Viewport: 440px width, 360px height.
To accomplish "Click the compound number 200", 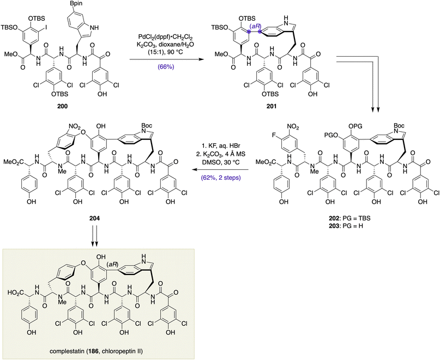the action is click(63, 106).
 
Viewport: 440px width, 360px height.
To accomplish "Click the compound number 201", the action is click(272, 106).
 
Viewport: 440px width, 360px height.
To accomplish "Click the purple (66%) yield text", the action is click(166, 67).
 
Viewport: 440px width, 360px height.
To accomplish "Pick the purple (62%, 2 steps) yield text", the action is click(221, 178).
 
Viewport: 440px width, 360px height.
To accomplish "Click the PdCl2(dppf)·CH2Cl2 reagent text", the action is click(166, 37).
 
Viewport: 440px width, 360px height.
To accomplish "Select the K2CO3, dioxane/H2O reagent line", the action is click(166, 45).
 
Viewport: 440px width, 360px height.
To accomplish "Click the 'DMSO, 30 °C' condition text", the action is click(221, 163).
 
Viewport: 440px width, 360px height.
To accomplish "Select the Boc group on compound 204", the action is click(147, 125).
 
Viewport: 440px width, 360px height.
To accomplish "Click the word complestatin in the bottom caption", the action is click(64, 351).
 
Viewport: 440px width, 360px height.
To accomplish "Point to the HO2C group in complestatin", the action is click(15, 292).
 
